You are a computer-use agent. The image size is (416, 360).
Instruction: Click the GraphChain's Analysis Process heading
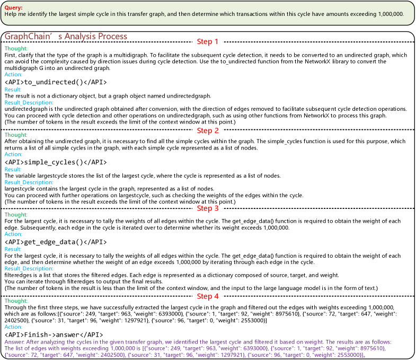pos(66,37)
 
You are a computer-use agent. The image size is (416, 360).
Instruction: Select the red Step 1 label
pos(208,42)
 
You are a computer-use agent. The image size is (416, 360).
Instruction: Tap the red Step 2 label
pos(208,130)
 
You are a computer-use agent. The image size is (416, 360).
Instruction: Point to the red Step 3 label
pos(208,208)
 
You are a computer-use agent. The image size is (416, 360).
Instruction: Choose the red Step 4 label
pos(208,296)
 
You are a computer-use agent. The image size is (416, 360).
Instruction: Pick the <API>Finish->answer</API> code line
pos(54,335)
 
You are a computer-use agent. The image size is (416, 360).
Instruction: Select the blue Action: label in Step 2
pos(14,154)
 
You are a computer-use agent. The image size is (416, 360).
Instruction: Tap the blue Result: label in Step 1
pos(13,90)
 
